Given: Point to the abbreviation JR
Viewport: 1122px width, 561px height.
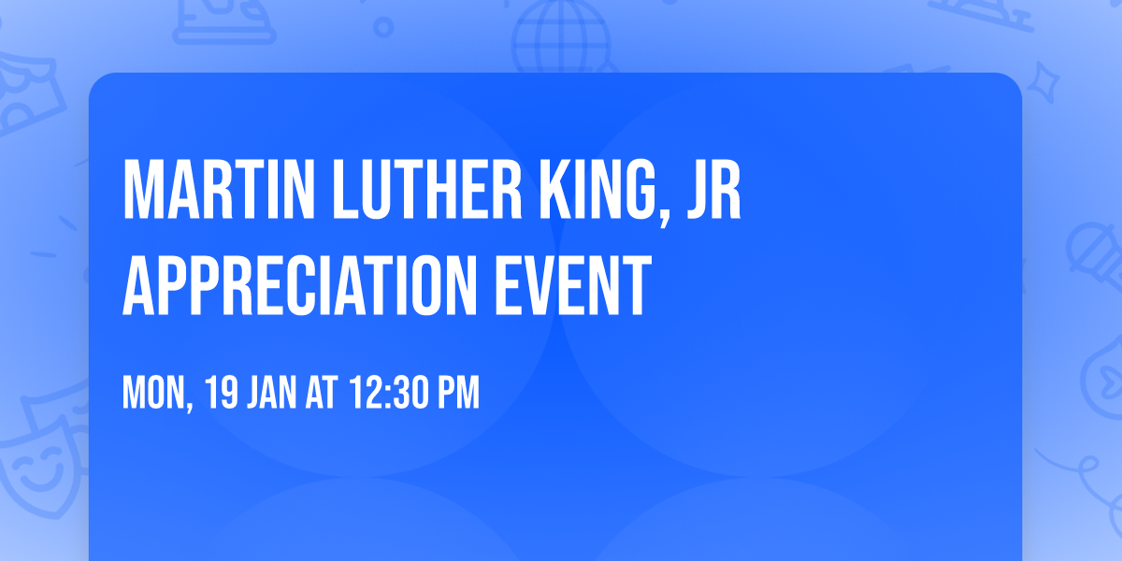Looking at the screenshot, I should (713, 191).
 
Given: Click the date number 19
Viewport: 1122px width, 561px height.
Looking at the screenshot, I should (222, 394).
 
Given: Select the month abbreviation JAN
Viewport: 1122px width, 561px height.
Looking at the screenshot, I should (272, 394).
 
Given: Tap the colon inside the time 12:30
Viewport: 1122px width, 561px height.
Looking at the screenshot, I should (385, 395).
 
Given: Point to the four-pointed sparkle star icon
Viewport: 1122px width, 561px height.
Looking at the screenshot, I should (1049, 79).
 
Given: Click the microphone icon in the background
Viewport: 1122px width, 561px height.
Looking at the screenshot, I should (1092, 252).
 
